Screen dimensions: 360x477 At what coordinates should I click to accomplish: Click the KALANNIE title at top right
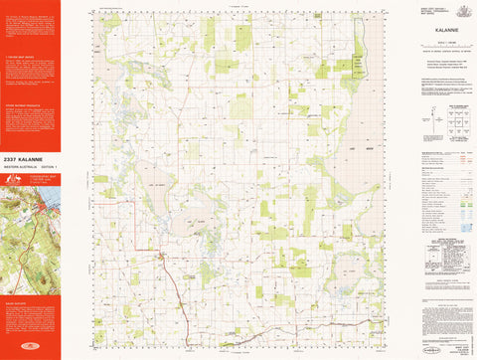[433, 31]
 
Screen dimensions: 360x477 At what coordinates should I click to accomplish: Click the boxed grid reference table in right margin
[433, 246]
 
